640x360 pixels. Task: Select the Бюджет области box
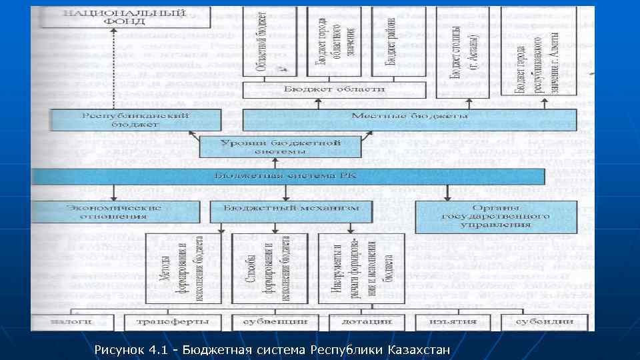(325, 89)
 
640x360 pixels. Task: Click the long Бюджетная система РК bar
(289, 176)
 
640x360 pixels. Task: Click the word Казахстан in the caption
(420, 349)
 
